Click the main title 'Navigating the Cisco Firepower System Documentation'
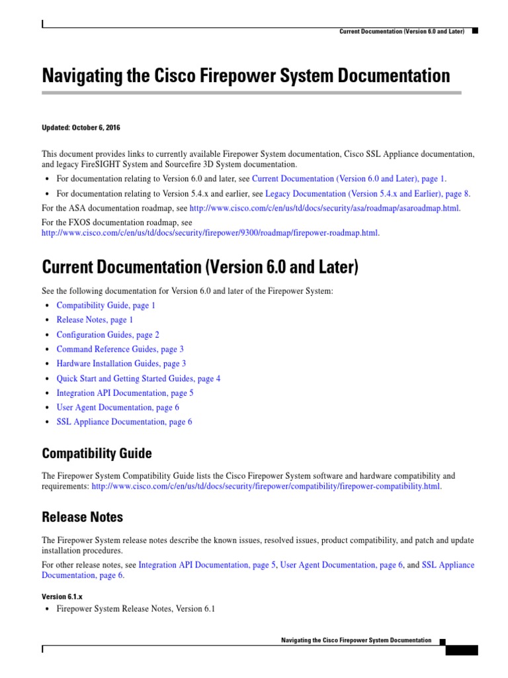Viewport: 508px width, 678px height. [x=246, y=75]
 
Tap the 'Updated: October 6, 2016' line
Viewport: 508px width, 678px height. [x=81, y=127]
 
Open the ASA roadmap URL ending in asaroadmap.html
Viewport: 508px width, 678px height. [x=324, y=208]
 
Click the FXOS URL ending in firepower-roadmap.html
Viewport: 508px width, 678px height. [x=210, y=233]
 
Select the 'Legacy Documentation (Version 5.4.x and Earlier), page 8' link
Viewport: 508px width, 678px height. [x=367, y=194]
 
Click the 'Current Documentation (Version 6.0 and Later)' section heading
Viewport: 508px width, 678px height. [x=200, y=267]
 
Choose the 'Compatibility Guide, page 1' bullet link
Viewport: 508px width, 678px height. [x=106, y=305]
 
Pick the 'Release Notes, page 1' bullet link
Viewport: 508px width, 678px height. [x=95, y=320]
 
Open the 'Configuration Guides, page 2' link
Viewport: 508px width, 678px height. [x=108, y=334]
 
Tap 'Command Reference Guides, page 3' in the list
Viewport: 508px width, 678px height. [x=120, y=349]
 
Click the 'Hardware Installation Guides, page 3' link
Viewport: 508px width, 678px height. [x=121, y=363]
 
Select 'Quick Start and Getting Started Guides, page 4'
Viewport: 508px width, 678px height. [x=138, y=378]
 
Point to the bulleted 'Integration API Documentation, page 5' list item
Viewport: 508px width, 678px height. [x=125, y=393]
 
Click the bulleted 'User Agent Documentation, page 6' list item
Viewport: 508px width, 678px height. [x=118, y=407]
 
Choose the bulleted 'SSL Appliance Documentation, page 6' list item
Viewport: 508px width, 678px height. [x=124, y=422]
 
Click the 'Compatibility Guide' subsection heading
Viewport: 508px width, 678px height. [x=97, y=454]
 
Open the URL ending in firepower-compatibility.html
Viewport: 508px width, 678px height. [x=266, y=486]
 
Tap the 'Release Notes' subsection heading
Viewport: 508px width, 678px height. [x=82, y=516]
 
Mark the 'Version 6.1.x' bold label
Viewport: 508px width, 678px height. [x=62, y=596]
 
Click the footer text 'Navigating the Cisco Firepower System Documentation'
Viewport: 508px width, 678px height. [x=356, y=640]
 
